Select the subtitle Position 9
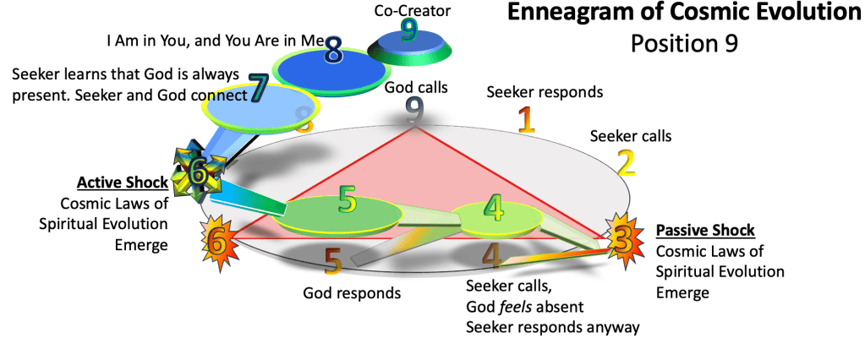(x=683, y=43)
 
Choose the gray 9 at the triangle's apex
(x=413, y=109)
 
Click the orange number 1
(x=526, y=120)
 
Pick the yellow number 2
(x=626, y=161)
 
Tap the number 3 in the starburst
(x=621, y=240)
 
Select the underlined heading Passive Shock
(x=705, y=230)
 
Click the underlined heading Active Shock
(x=121, y=183)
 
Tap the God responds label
(x=351, y=293)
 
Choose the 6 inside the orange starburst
(x=216, y=243)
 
